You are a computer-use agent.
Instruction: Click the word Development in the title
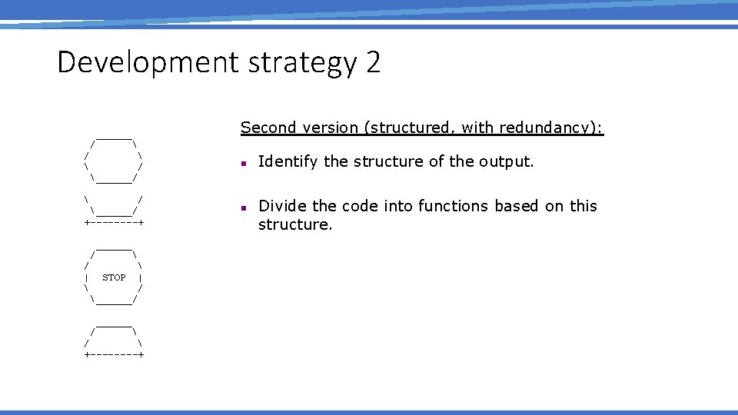click(x=148, y=62)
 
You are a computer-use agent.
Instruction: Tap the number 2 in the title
click(x=374, y=62)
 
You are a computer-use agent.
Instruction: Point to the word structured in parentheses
click(x=413, y=128)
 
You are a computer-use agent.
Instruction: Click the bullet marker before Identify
click(x=242, y=163)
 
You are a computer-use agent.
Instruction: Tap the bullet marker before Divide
click(x=242, y=207)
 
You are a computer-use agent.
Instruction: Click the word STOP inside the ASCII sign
click(x=114, y=277)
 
